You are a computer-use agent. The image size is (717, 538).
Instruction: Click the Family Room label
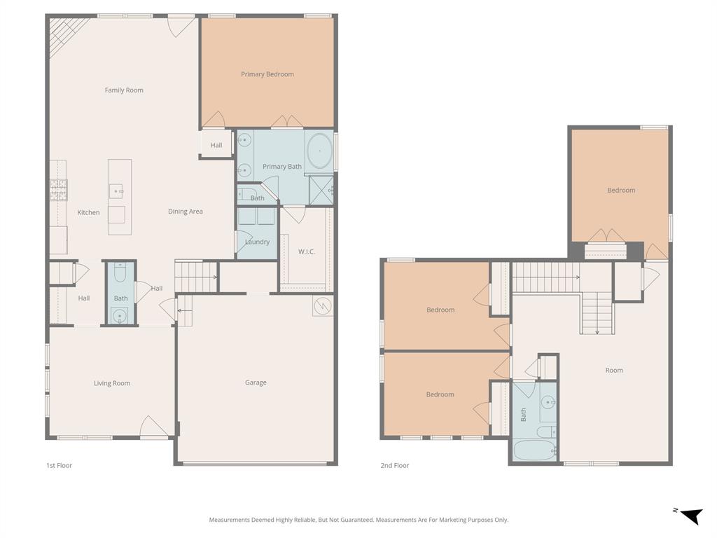pos(124,90)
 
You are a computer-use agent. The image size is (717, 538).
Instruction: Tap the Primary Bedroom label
pos(267,74)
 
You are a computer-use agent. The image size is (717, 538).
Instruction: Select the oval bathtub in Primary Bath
pos(319,151)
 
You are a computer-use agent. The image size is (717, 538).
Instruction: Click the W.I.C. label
pos(306,251)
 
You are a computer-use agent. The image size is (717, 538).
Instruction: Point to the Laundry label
pos(257,242)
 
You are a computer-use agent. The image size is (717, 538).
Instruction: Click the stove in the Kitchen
pos(59,190)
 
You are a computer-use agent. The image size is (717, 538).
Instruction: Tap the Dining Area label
pos(186,212)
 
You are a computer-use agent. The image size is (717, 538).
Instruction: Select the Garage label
pos(256,382)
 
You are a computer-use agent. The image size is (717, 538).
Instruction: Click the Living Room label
pos(112,383)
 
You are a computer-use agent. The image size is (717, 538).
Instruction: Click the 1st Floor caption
pos(59,466)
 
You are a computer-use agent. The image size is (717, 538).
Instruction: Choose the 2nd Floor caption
pos(395,466)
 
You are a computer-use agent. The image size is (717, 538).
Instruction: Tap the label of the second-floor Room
pos(614,371)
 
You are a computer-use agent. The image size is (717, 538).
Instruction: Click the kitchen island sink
pos(116,190)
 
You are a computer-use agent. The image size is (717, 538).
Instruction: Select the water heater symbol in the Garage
pos(322,306)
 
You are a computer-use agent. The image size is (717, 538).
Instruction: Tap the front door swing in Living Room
pos(154,427)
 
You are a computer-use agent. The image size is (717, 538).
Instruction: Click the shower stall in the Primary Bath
pos(322,188)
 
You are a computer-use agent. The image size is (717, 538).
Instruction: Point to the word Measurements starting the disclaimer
pos(229,520)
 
